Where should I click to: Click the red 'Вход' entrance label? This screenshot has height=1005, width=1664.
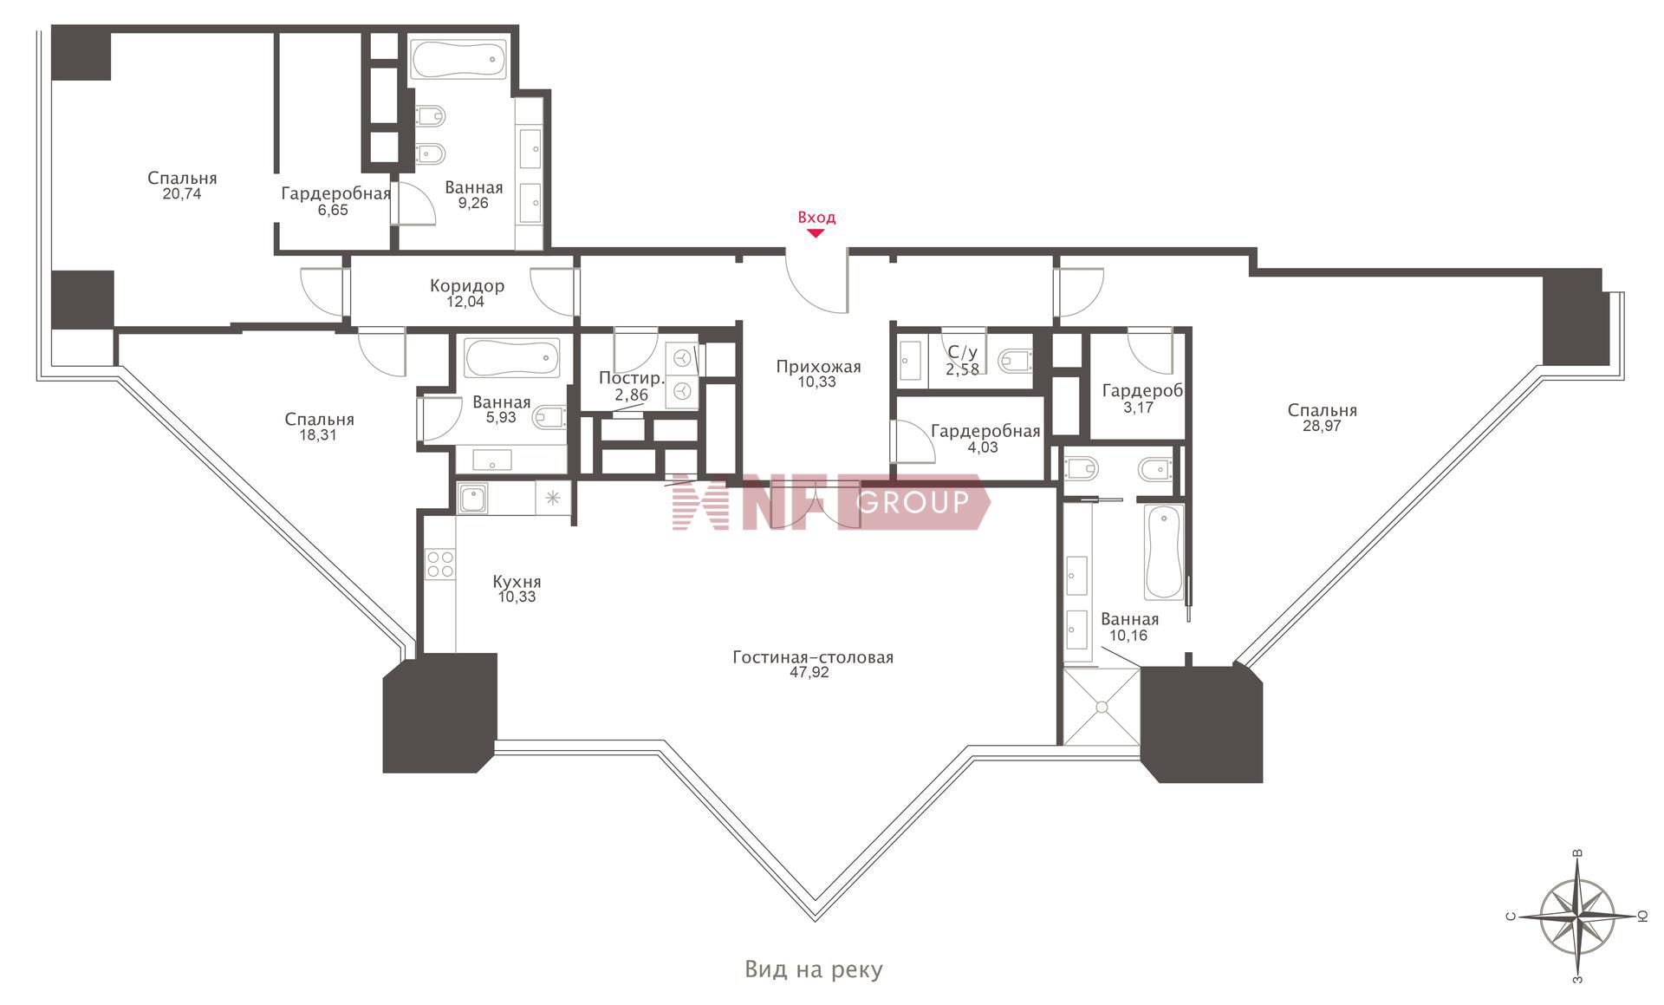pyautogui.click(x=816, y=218)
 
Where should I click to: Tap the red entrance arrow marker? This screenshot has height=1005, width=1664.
pyautogui.click(x=816, y=232)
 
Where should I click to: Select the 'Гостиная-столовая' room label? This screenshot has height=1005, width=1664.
pyautogui.click(x=813, y=657)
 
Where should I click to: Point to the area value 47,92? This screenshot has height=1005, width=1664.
pyautogui.click(x=809, y=673)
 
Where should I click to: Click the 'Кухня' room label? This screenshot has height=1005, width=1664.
pyautogui.click(x=517, y=582)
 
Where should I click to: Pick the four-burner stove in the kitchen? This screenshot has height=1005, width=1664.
pyautogui.click(x=440, y=564)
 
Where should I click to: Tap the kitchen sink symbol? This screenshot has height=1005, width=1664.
pyautogui.click(x=472, y=499)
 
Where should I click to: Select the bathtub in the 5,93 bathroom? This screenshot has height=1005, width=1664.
pyautogui.click(x=512, y=357)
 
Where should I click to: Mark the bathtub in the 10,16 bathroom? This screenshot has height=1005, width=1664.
pyautogui.click(x=1164, y=552)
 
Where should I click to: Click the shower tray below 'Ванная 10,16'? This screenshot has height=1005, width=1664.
pyautogui.click(x=1102, y=707)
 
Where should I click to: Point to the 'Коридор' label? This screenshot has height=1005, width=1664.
pyautogui.click(x=467, y=286)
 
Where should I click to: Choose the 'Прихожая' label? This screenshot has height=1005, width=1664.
pyautogui.click(x=818, y=367)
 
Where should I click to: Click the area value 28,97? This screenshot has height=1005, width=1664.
pyautogui.click(x=1322, y=426)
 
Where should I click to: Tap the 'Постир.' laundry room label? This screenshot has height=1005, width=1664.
pyautogui.click(x=632, y=379)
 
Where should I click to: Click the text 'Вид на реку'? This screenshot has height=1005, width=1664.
pyautogui.click(x=814, y=969)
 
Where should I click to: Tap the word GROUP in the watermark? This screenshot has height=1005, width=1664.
pyautogui.click(x=913, y=501)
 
